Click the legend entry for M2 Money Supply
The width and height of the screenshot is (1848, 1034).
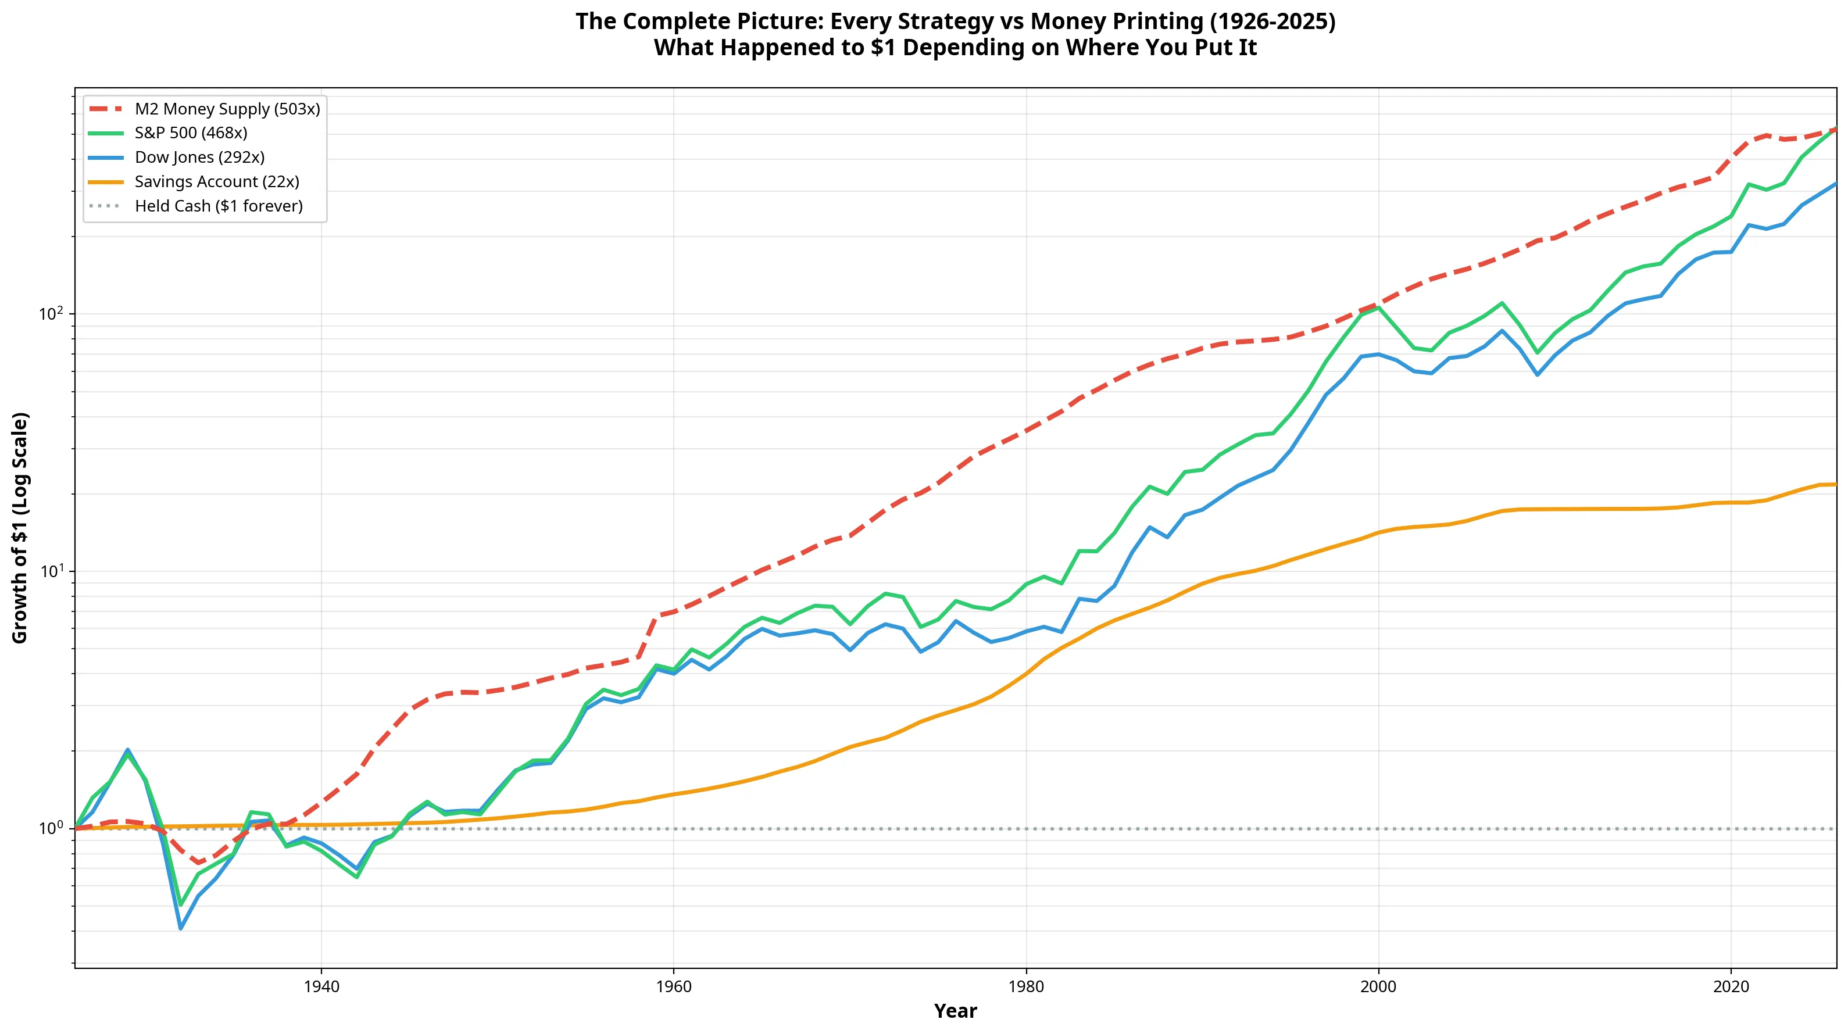205,109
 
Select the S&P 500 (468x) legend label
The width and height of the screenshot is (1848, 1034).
168,133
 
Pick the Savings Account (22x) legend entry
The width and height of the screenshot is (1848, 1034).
194,182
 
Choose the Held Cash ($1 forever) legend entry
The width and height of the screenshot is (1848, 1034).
196,206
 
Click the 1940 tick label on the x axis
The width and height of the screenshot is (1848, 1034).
321,987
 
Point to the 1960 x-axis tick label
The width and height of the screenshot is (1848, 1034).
674,987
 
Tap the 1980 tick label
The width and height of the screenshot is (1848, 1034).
1026,987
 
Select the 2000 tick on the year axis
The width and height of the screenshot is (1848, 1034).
1378,987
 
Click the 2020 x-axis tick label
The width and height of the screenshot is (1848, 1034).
1731,987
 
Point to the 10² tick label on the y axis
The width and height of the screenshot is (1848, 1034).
52,313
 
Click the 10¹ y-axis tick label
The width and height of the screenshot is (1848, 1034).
52,571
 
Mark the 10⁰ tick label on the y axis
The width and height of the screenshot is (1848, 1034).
52,828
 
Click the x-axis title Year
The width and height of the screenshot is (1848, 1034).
956,1012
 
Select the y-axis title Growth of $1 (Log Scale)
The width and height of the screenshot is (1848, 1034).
20,528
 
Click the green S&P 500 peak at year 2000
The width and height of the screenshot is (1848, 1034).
1378,307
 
